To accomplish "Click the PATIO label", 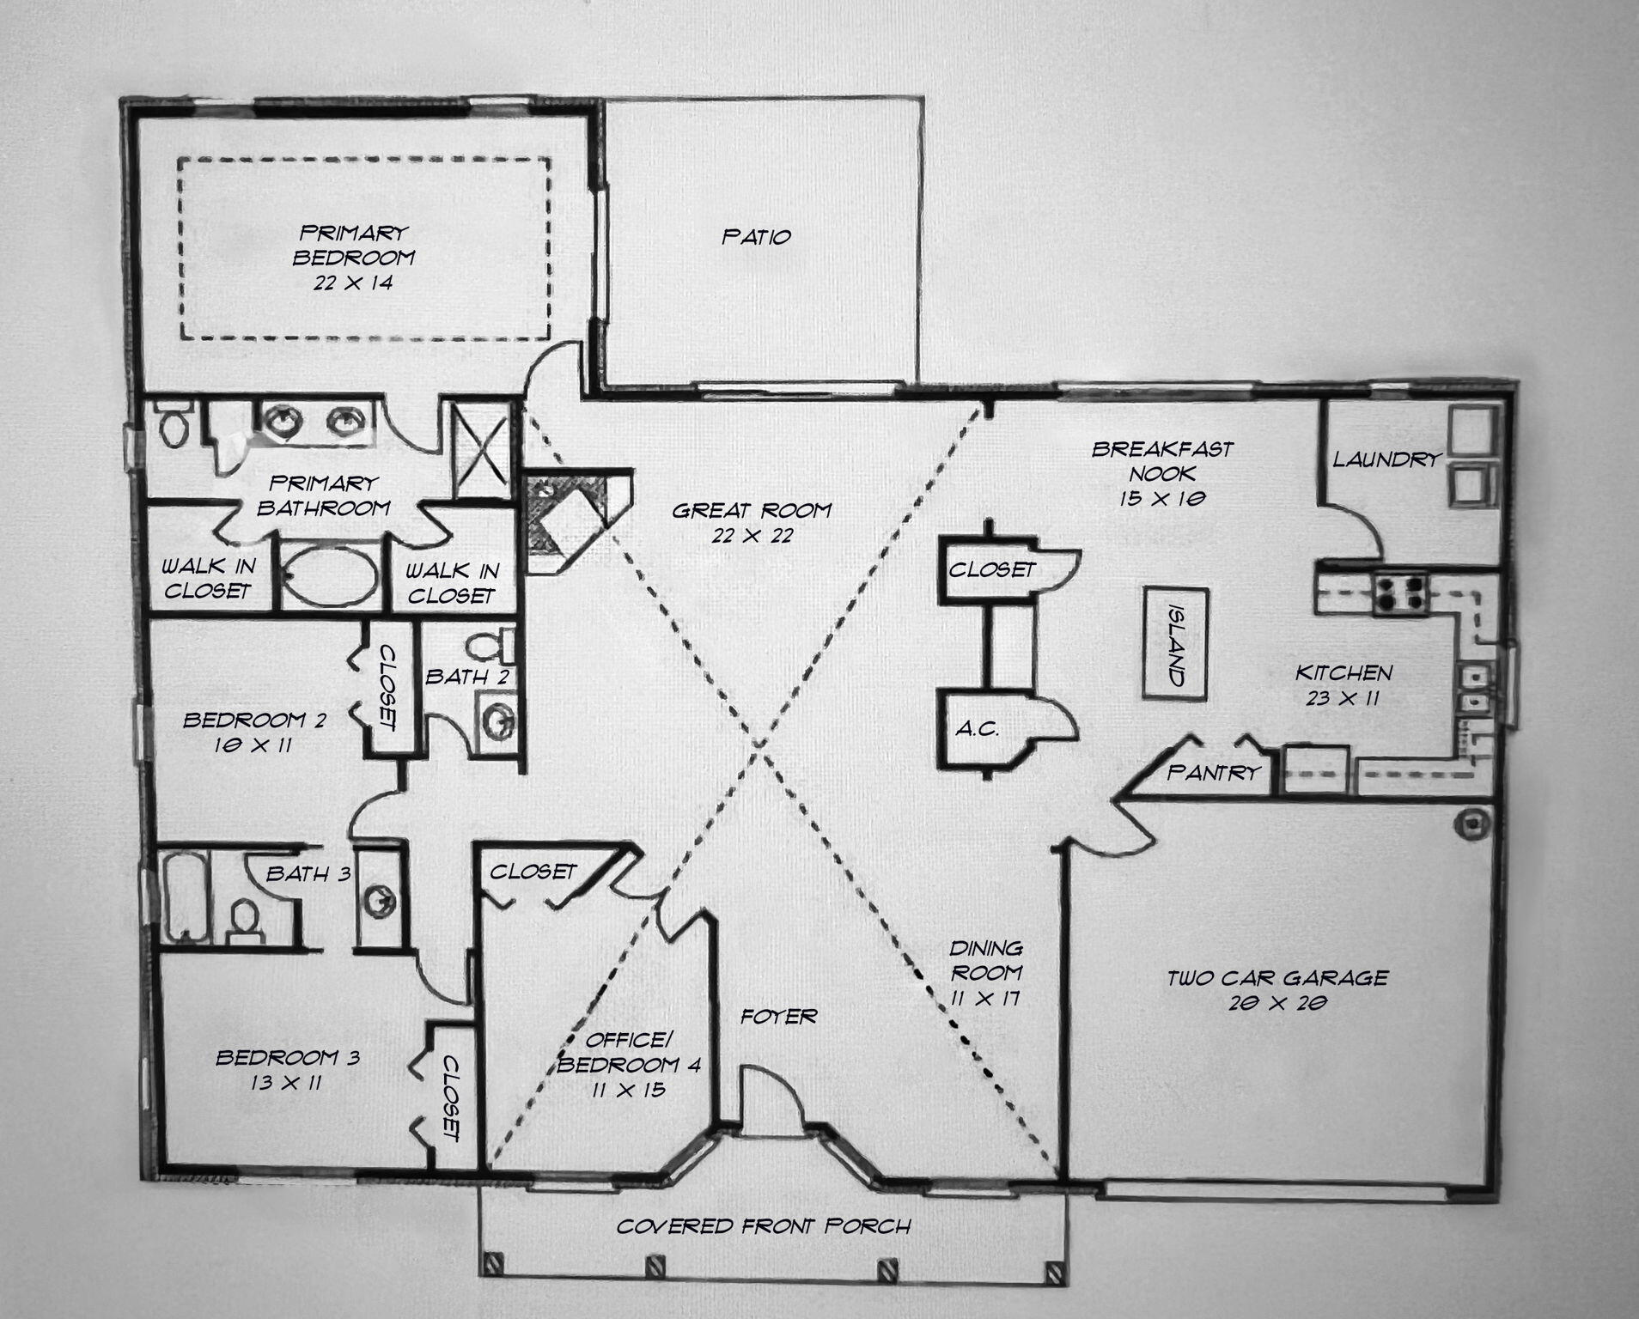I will tap(756, 237).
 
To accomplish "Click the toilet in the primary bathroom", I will tap(175, 427).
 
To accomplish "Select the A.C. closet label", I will tap(977, 730).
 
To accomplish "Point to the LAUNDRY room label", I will tap(1385, 459).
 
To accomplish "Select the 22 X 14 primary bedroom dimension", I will tap(353, 282).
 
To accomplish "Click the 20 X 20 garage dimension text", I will tap(1278, 1002).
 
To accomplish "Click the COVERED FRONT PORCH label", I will tap(764, 1225).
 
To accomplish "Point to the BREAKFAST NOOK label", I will tap(1161, 460).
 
